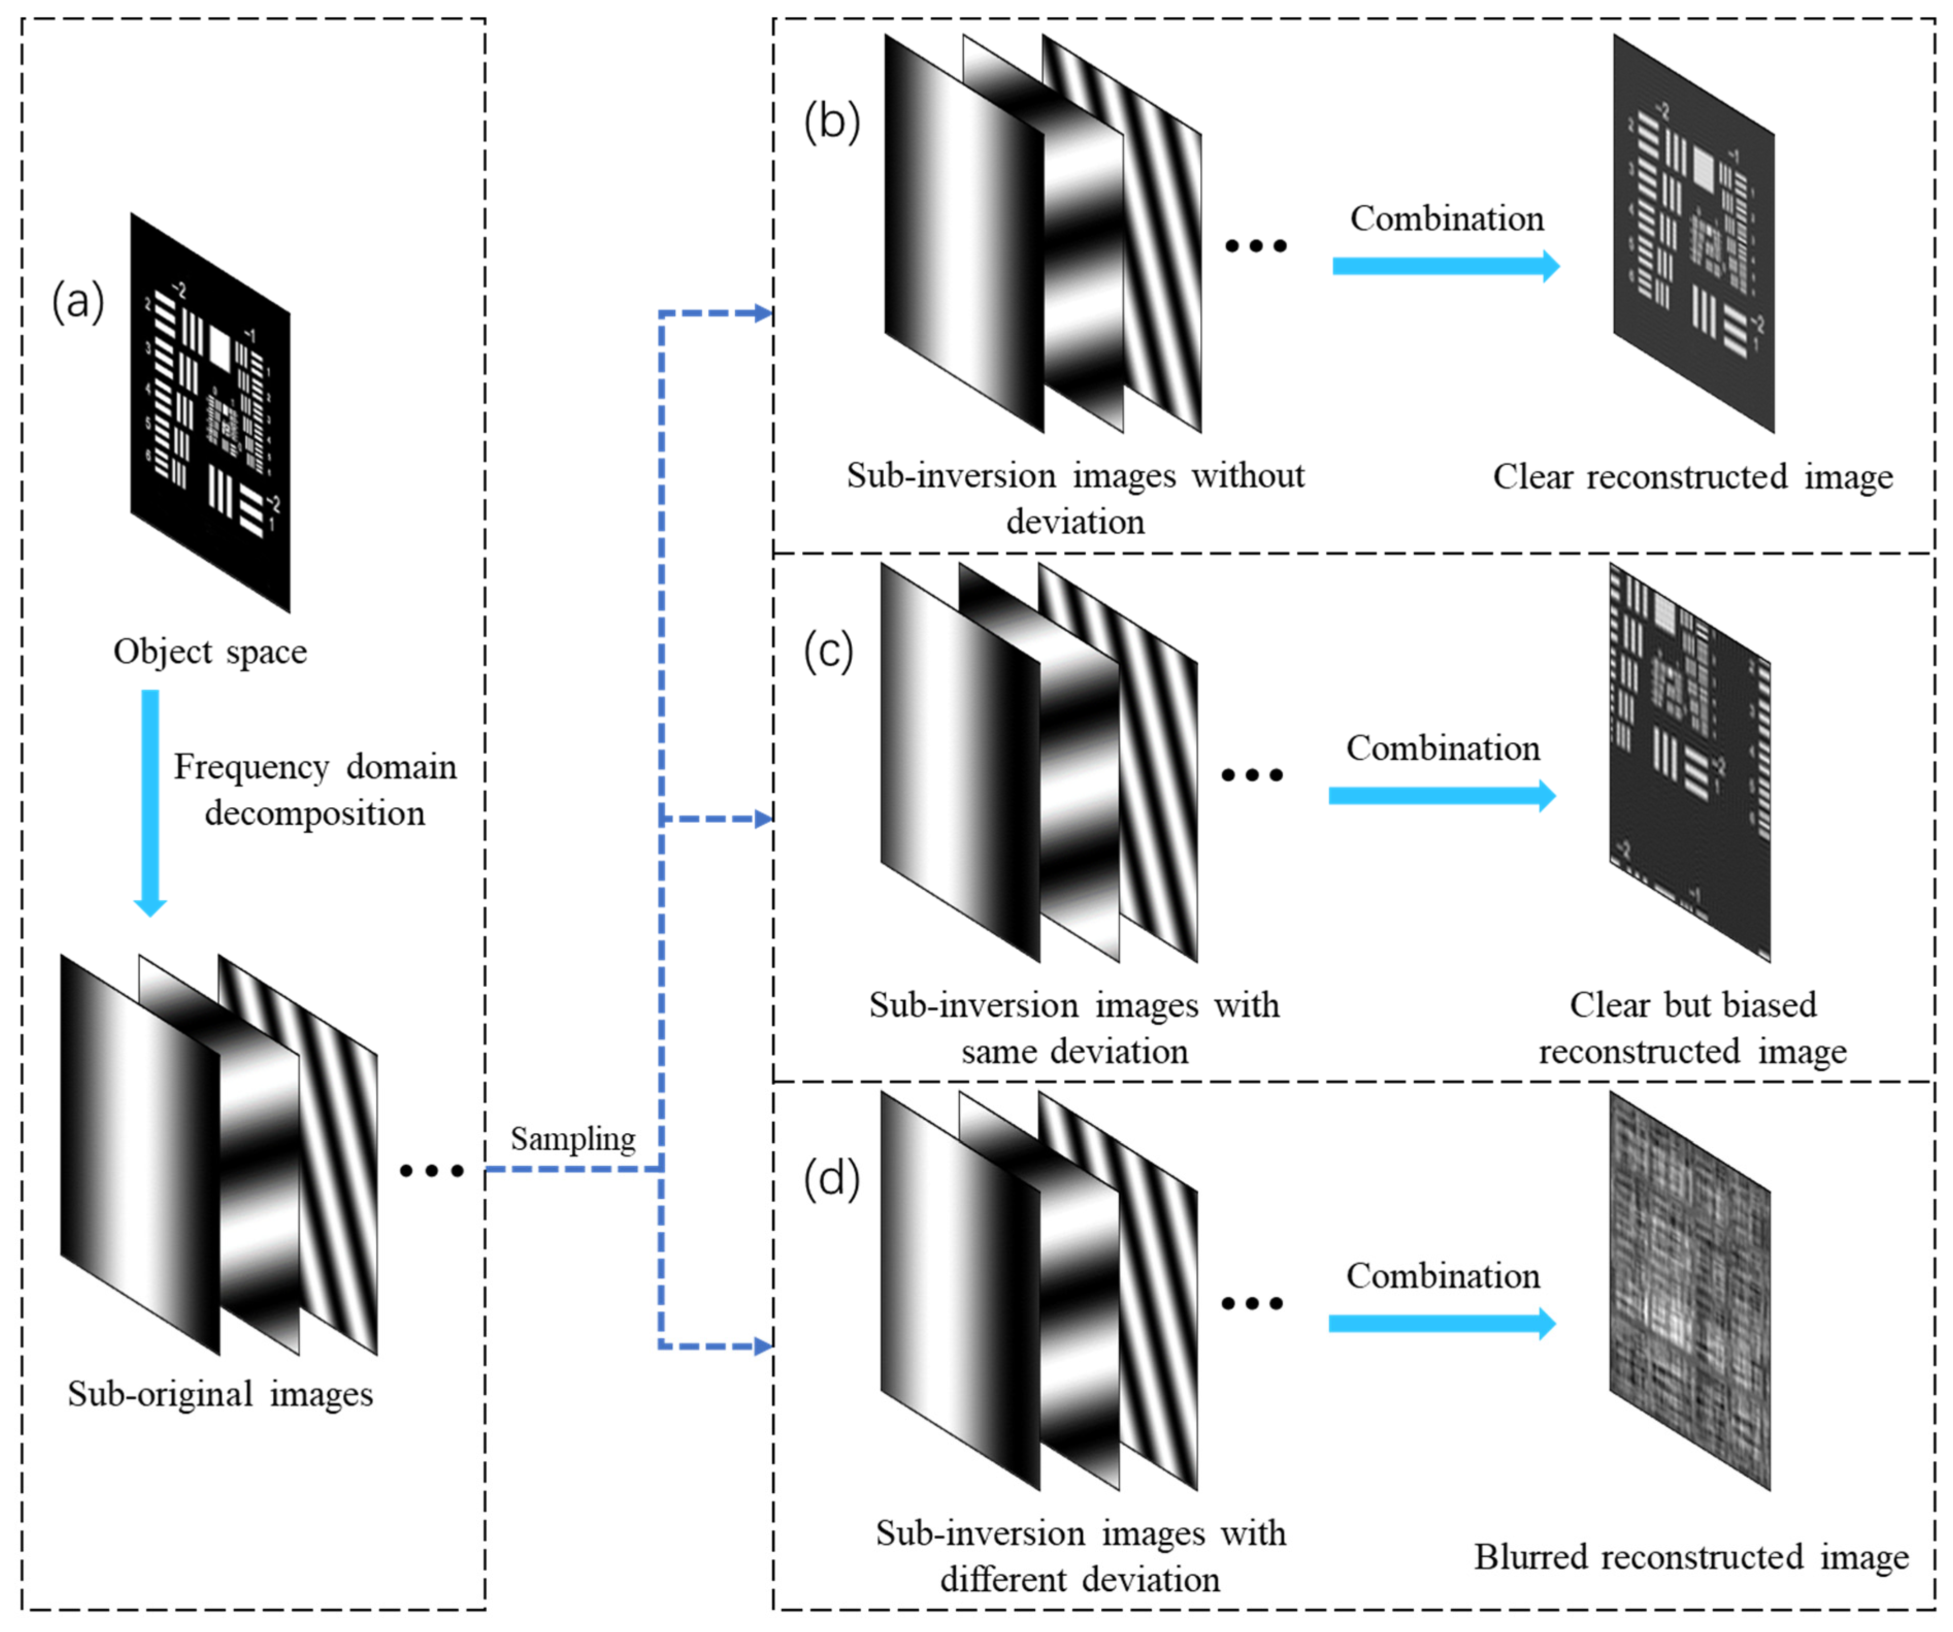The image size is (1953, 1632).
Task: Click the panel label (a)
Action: [78, 302]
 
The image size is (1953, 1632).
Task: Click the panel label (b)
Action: [832, 121]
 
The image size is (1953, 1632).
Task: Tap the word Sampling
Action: [573, 1139]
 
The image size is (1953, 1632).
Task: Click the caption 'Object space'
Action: [210, 651]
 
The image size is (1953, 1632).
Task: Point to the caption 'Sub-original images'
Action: [221, 1394]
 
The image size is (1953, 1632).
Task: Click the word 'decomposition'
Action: [315, 813]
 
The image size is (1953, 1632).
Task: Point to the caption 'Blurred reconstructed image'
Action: [1691, 1557]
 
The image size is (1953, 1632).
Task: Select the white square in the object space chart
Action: [220, 348]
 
